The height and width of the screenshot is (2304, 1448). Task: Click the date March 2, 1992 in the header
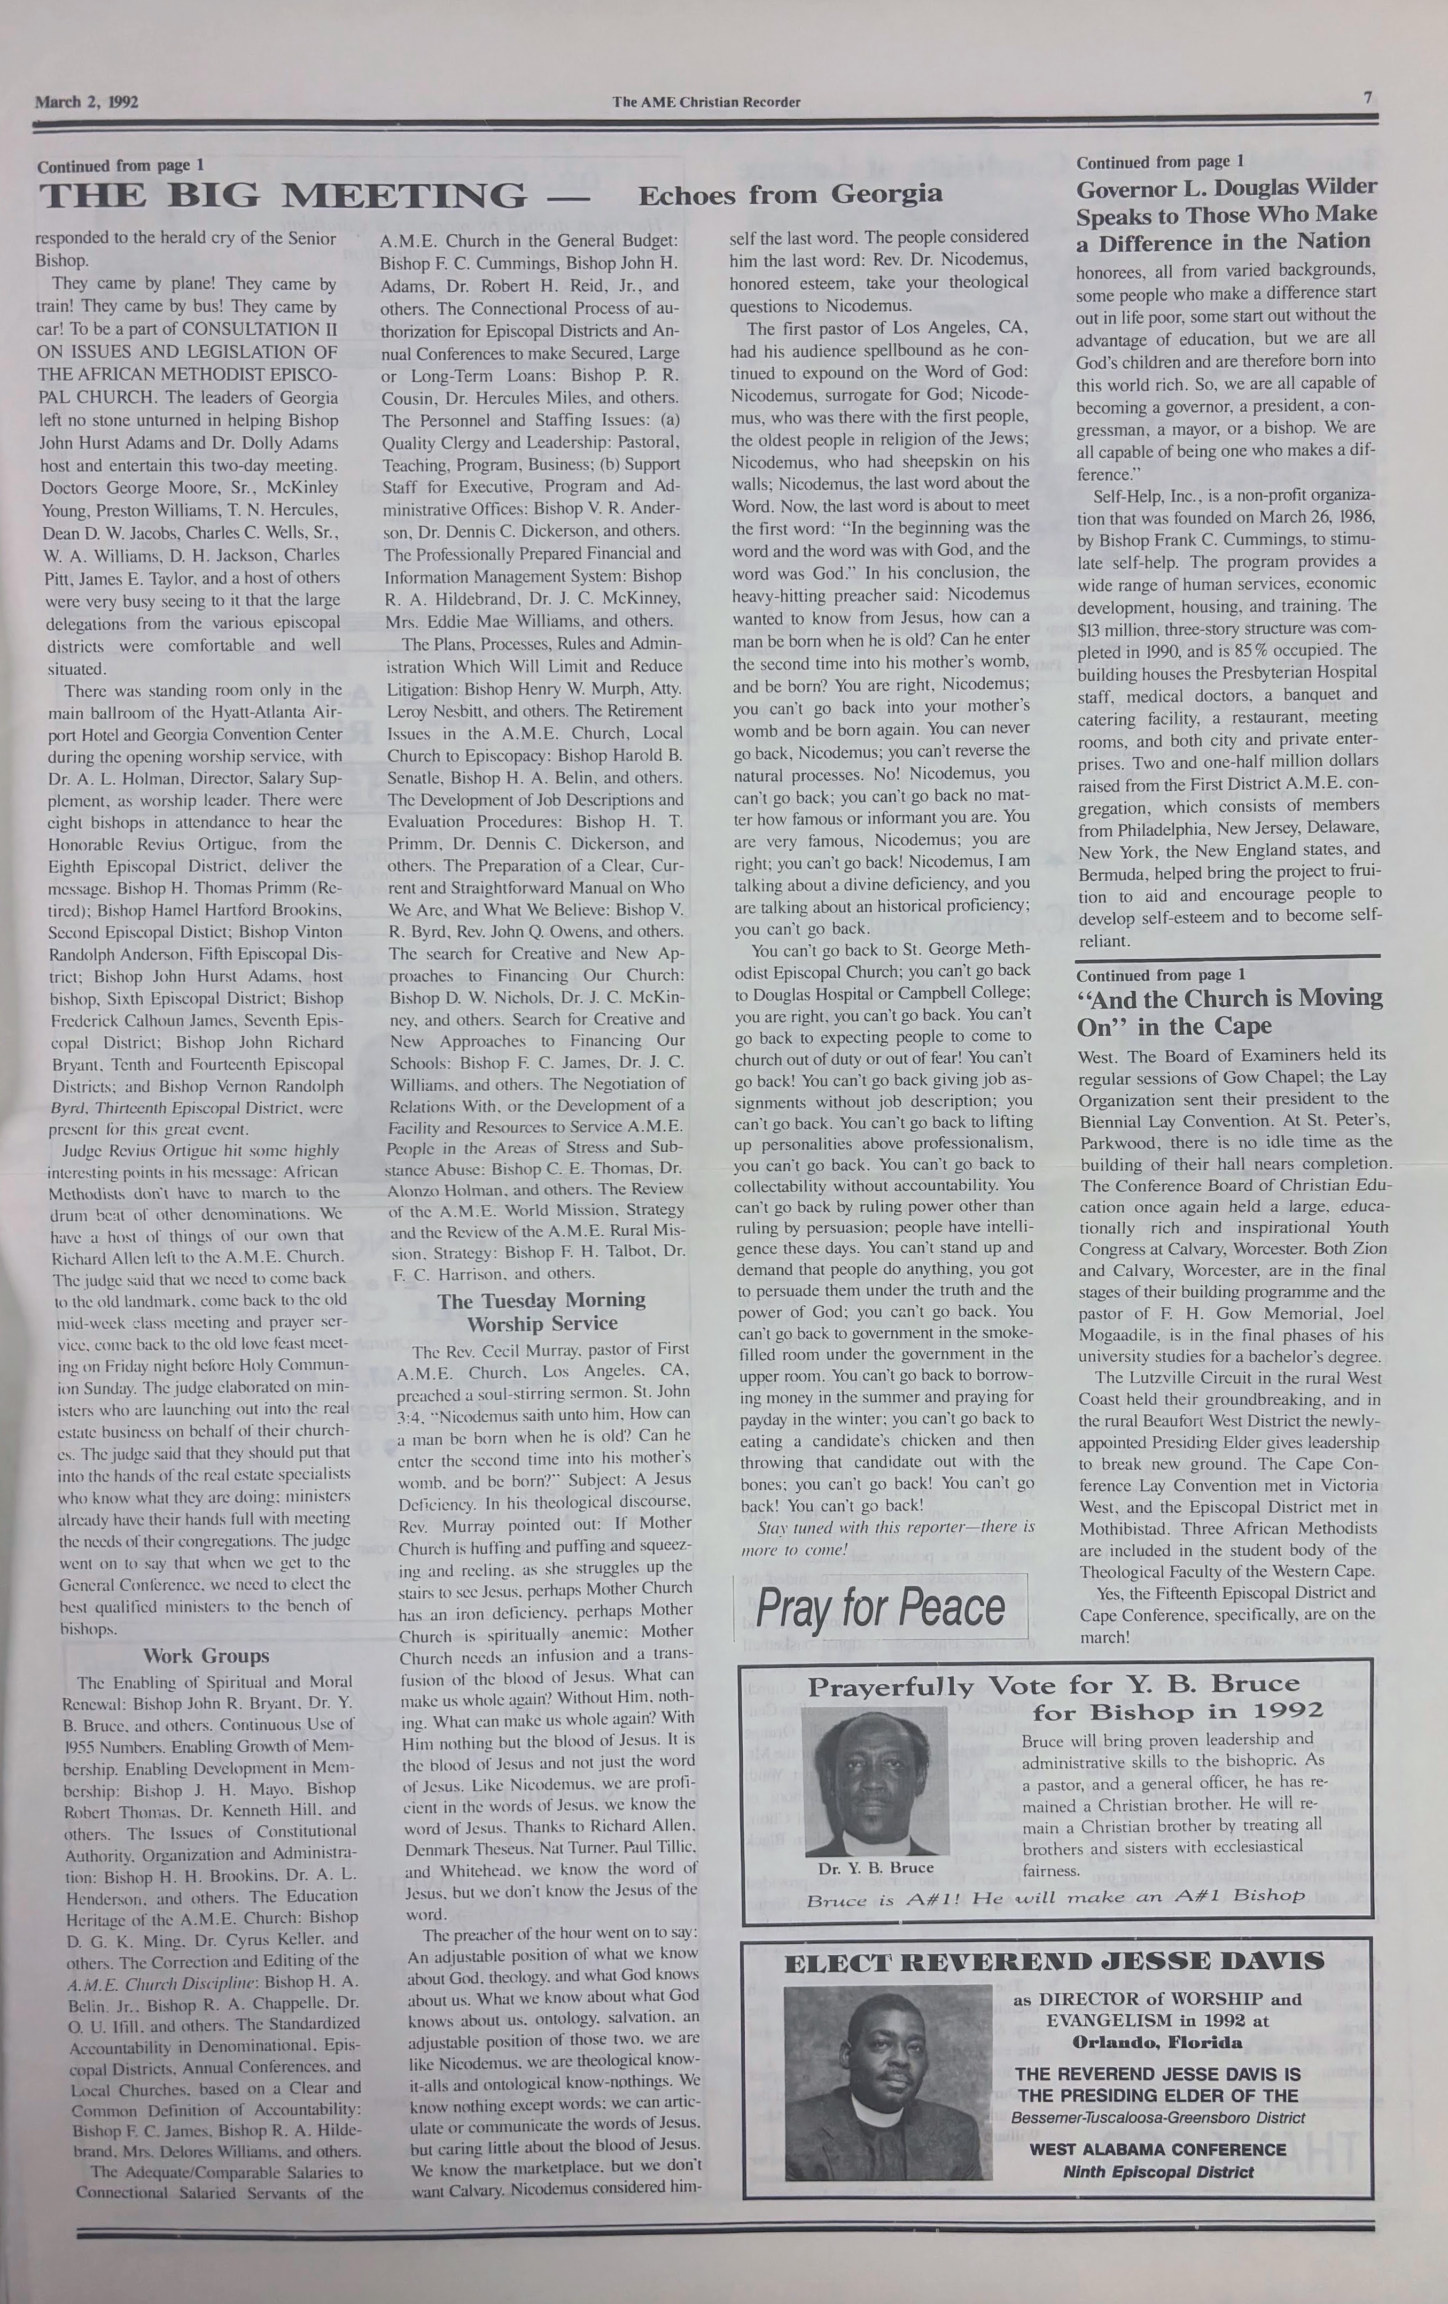86,102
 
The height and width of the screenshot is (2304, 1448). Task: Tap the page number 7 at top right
1368,98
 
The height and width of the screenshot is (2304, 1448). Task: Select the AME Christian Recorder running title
706,102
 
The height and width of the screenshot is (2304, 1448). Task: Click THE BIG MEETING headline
283,196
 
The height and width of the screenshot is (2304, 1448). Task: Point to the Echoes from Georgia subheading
790,195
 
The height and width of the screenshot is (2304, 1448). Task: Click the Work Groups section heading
207,1655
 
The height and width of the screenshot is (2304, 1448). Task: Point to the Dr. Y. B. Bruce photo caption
875,1867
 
